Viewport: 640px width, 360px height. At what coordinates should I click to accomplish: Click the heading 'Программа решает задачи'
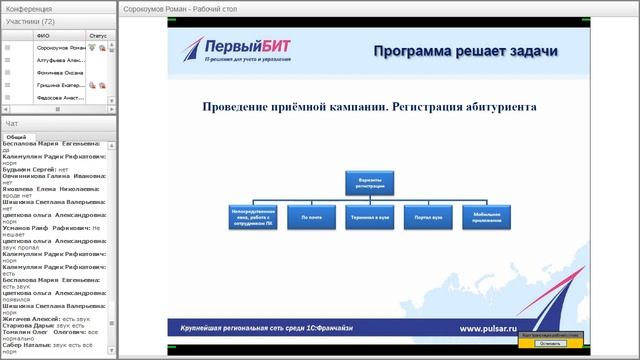(465, 51)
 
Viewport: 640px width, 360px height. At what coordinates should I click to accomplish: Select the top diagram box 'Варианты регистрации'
(370, 182)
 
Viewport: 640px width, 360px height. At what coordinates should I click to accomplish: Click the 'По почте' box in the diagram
(311, 215)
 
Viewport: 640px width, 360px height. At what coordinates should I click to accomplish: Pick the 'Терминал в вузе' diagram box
(370, 215)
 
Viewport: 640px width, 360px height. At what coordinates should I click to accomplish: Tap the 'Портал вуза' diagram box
(428, 215)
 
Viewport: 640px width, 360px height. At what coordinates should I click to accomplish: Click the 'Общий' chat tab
(16, 137)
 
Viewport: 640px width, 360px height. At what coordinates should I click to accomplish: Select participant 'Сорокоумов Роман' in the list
(59, 47)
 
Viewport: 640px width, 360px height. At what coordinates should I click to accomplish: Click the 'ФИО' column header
(42, 35)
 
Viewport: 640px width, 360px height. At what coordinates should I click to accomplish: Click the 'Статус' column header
(97, 35)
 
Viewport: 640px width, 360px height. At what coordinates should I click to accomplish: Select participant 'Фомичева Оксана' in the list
(59, 72)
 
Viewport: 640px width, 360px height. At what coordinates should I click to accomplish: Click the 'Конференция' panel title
(29, 9)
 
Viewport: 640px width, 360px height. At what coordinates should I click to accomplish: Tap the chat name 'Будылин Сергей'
(29, 170)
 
